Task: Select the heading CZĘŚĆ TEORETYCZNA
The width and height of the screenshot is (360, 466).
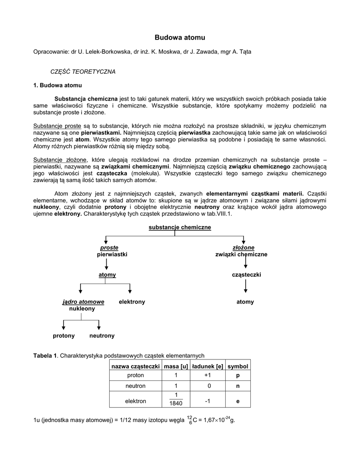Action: (83, 72)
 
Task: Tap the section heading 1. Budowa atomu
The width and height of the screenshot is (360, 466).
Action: (58, 85)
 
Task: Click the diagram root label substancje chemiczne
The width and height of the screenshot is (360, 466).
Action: (180, 227)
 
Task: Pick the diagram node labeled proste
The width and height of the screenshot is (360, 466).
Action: (106, 248)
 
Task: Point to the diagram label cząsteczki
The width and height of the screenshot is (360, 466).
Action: (246, 275)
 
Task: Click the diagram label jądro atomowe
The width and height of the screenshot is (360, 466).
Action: (83, 302)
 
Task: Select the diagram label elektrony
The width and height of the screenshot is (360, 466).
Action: (132, 302)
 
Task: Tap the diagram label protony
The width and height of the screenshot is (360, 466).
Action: (64, 335)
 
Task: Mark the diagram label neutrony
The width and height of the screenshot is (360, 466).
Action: (102, 335)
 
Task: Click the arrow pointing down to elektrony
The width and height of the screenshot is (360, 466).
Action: (130, 288)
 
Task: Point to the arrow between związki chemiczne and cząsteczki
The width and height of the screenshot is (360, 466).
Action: (246, 263)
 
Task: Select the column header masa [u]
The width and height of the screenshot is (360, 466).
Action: (176, 366)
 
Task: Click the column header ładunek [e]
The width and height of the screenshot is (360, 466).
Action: (208, 366)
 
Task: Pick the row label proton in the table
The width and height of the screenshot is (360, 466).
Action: (135, 375)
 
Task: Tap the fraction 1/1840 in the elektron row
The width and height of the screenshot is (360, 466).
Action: (176, 399)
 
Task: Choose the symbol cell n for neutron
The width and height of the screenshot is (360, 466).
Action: (238, 386)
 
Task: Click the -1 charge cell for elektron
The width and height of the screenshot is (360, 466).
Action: (208, 401)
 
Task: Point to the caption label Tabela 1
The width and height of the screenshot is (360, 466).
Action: (45, 355)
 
